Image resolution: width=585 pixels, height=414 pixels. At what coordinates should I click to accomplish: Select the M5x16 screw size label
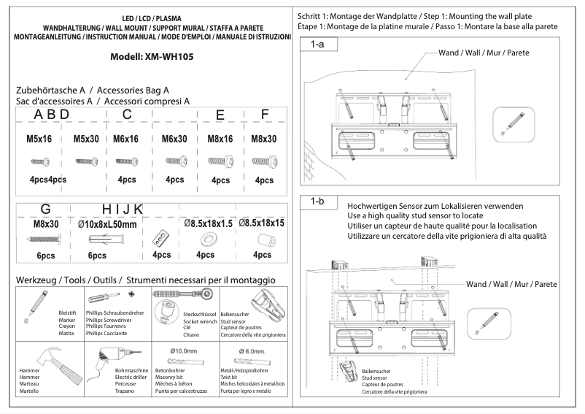[38, 139]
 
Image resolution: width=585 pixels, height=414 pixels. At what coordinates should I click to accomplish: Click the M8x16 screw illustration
[220, 161]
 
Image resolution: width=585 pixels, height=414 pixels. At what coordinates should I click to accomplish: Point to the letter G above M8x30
[45, 209]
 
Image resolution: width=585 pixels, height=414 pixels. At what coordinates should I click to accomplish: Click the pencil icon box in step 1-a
[507, 122]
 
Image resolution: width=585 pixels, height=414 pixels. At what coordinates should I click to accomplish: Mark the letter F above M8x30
[265, 115]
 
